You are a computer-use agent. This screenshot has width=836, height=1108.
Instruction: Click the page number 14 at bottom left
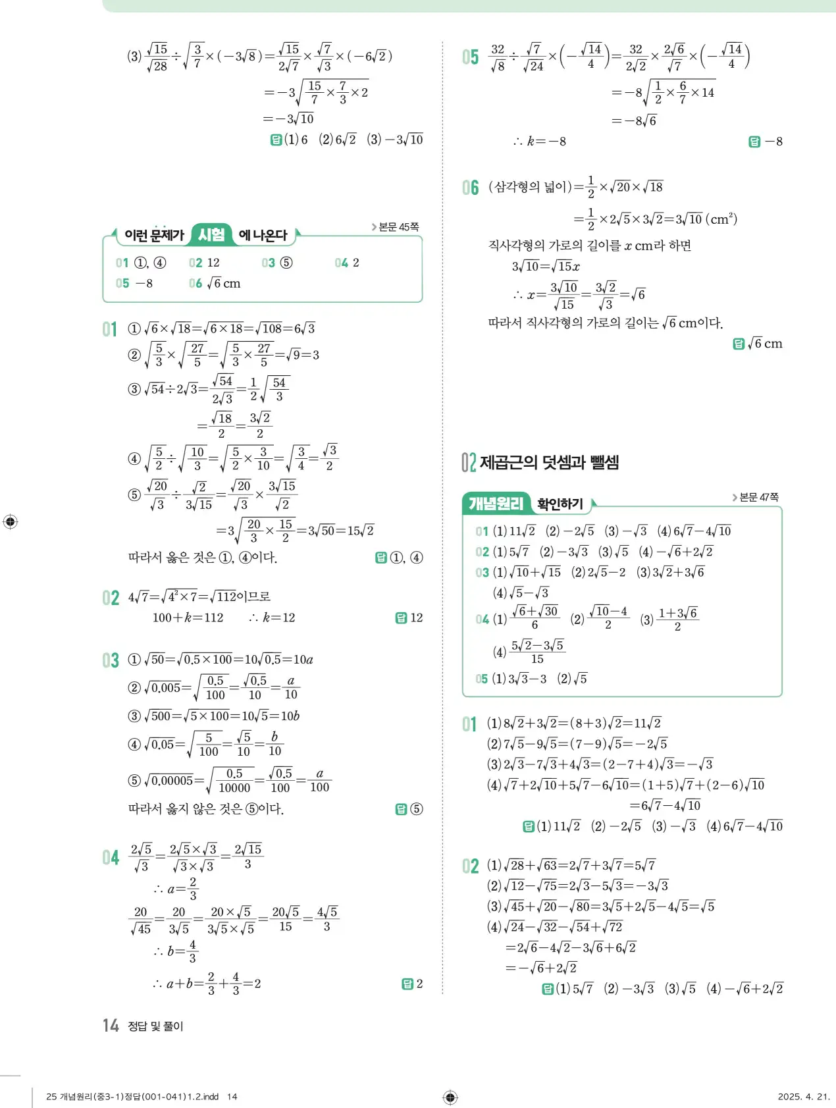pyautogui.click(x=110, y=1025)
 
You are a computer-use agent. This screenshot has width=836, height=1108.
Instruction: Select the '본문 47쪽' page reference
pyautogui.click(x=757, y=497)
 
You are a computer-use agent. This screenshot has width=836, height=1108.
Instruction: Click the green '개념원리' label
pyautogui.click(x=496, y=504)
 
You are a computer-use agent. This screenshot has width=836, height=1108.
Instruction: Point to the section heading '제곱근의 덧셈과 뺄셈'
pyautogui.click(x=549, y=462)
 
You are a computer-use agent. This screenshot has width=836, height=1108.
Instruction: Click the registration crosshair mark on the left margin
pyautogui.click(x=11, y=521)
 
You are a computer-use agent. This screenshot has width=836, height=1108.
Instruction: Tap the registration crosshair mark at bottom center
pyautogui.click(x=450, y=1097)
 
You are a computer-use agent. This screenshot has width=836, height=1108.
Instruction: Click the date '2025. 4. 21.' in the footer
pyautogui.click(x=803, y=1097)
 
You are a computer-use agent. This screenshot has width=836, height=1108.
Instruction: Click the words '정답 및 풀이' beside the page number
pyautogui.click(x=155, y=1026)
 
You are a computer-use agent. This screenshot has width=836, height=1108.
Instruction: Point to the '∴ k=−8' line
pyautogui.click(x=540, y=142)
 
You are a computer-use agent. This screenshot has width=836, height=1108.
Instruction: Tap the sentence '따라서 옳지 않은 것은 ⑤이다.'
pyautogui.click(x=206, y=808)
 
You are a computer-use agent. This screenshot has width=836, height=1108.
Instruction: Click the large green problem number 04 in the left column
pyautogui.click(x=111, y=857)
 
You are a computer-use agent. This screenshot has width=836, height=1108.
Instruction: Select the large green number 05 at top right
pyautogui.click(x=470, y=57)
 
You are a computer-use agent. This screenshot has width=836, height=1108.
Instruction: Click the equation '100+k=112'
pyautogui.click(x=188, y=618)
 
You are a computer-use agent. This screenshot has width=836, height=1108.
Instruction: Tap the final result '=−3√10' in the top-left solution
pyautogui.click(x=288, y=119)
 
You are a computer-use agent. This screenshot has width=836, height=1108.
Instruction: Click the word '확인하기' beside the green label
pyautogui.click(x=560, y=504)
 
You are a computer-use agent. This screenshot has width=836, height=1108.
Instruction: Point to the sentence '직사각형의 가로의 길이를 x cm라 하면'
pyautogui.click(x=589, y=246)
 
